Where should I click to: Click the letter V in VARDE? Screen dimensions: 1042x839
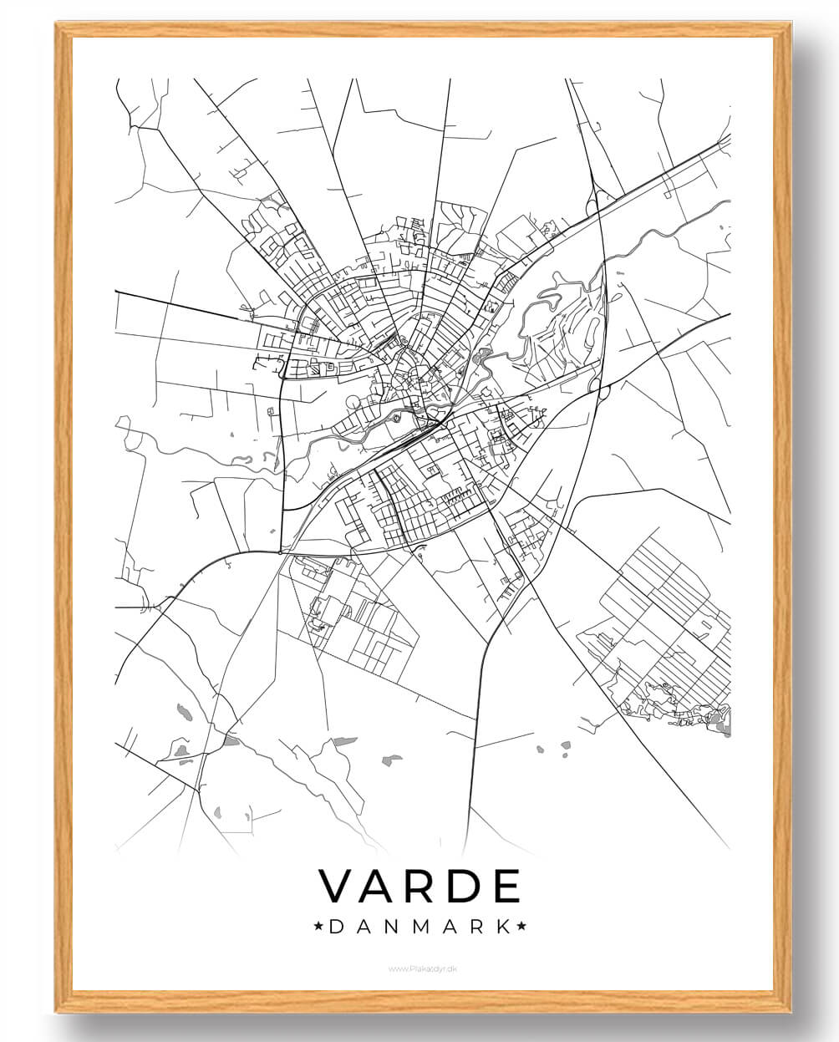(338, 887)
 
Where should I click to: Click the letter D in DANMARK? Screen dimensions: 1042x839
(336, 927)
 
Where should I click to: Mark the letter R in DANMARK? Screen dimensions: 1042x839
(476, 927)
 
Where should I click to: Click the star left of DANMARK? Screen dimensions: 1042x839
(318, 927)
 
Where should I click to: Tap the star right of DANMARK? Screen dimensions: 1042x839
(521, 927)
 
